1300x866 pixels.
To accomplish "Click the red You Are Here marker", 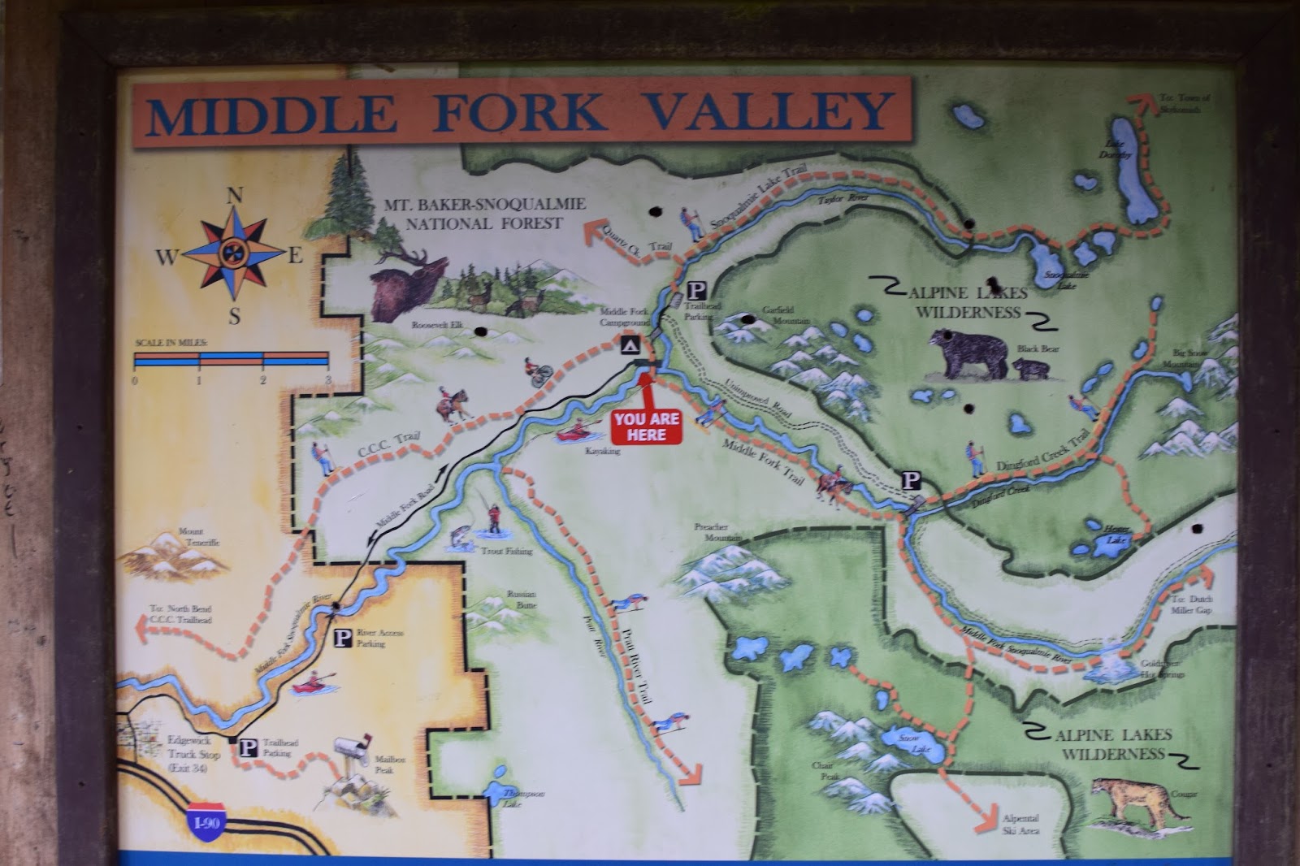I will click(x=646, y=427).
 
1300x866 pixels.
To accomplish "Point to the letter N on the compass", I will click(x=235, y=196).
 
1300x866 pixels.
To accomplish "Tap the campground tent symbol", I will click(x=629, y=347).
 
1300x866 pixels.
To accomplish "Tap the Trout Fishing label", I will click(x=506, y=551).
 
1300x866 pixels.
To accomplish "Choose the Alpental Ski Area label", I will click(x=1020, y=825).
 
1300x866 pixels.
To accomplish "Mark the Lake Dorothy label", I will click(x=1114, y=149).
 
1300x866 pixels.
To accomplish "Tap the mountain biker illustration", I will click(x=538, y=371).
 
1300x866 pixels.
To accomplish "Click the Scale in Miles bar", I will click(x=232, y=359).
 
